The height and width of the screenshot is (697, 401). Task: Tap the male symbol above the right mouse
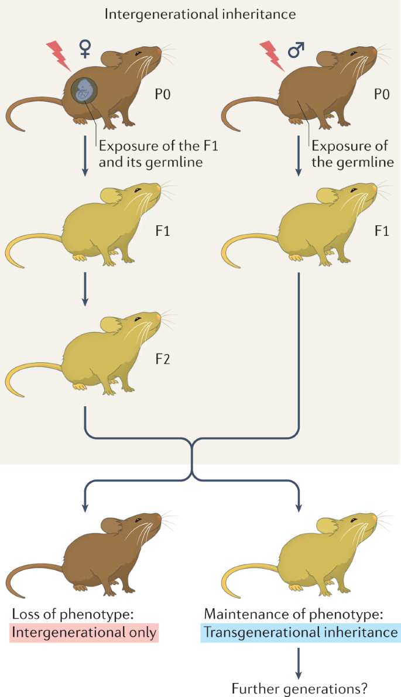296,50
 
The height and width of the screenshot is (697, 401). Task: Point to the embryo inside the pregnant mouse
85,91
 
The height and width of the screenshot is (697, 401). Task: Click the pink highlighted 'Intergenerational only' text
84,633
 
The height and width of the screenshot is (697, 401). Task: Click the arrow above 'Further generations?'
300,658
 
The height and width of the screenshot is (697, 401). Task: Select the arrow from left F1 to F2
85,289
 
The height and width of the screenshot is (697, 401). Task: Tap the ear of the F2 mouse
110,323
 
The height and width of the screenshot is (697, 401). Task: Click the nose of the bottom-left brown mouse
159,518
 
